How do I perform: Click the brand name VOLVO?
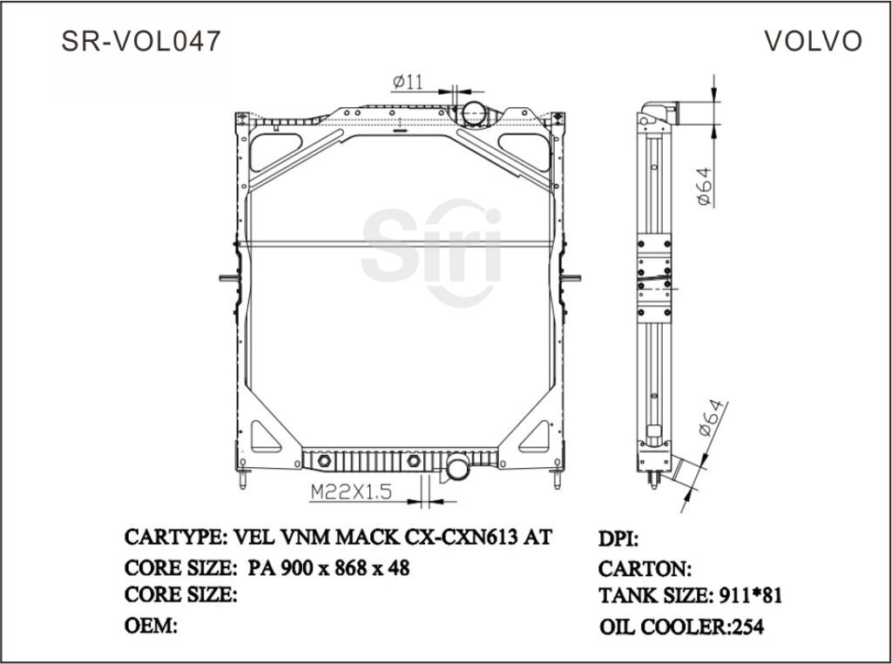[813, 42]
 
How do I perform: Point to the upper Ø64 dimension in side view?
[705, 185]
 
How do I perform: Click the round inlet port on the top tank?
[475, 112]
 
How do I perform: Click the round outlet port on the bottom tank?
[457, 470]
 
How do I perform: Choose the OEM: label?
[152, 625]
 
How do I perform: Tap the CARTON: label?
[645, 569]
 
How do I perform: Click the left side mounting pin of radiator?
[226, 279]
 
